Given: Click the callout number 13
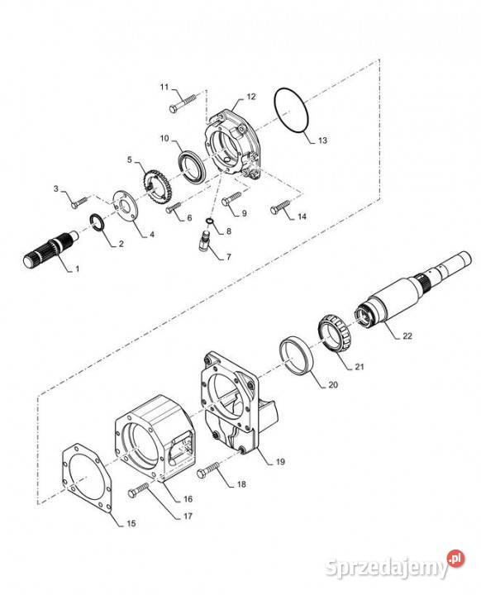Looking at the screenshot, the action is (322, 140).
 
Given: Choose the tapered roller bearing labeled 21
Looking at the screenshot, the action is (335, 333).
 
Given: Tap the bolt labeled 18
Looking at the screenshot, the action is (208, 469).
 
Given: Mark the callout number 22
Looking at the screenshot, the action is (407, 336).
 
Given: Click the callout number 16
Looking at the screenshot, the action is (188, 499).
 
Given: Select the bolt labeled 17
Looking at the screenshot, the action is (139, 489).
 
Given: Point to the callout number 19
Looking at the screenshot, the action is (280, 462).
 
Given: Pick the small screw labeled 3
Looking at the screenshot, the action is (79, 202).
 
